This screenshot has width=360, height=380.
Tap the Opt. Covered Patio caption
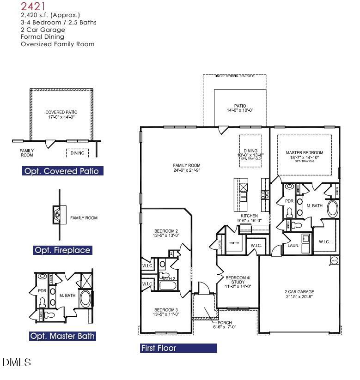[x=61, y=171]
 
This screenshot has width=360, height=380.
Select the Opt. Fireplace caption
[x=62, y=250]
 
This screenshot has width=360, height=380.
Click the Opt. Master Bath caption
[x=62, y=336]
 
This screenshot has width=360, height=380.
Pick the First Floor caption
[x=158, y=348]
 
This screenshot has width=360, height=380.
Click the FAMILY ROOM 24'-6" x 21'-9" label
[x=187, y=168]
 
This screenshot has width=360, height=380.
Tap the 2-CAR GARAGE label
[x=299, y=294]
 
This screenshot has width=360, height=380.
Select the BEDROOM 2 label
[x=166, y=233]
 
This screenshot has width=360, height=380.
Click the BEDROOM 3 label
[x=166, y=312]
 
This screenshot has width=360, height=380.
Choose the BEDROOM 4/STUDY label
[x=238, y=282]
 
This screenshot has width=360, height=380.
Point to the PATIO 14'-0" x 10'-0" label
[x=240, y=108]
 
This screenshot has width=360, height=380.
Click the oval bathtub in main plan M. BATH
[x=333, y=209]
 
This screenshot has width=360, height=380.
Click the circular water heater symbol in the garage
[x=334, y=261]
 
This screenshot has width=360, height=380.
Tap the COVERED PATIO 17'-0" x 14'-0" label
[x=61, y=115]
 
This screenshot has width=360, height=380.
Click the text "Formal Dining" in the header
[x=43, y=36]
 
